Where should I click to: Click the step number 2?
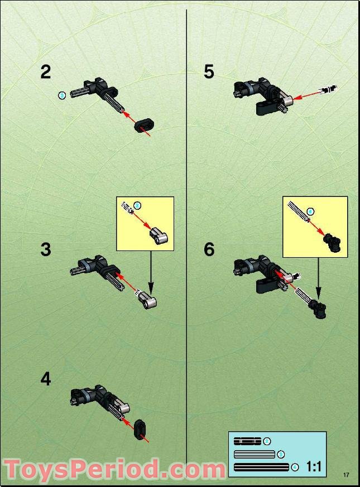coord(45,72)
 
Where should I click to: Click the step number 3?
coord(45,249)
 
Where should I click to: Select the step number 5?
coord(209,72)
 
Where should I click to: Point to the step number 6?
coord(209,249)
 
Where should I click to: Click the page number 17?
coord(346,475)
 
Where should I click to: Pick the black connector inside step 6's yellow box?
coord(333,242)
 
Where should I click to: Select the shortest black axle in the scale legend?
coord(247,442)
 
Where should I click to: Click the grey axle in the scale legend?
coord(255,454)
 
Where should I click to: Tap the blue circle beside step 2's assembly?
coord(62,95)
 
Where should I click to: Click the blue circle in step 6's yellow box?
coord(311,211)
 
